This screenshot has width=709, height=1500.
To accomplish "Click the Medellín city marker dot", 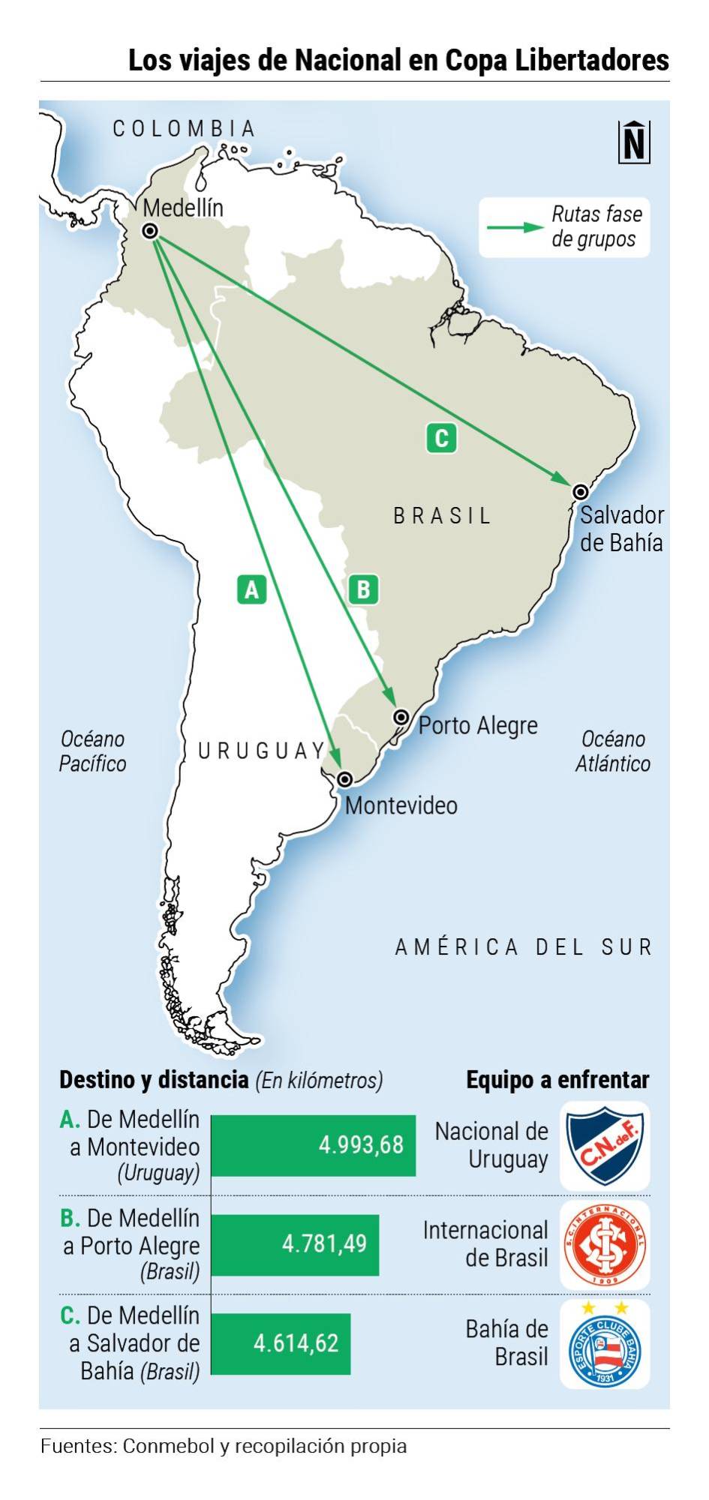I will click(150, 231).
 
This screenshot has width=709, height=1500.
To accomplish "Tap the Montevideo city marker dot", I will click(344, 779).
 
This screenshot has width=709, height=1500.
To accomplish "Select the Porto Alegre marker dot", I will click(401, 718).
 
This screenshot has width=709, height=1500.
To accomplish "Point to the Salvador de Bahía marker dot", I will click(580, 492).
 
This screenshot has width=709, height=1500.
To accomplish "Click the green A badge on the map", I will click(251, 589).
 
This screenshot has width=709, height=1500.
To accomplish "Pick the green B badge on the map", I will click(363, 589).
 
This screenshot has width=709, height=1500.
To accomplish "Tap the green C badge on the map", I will click(441, 438).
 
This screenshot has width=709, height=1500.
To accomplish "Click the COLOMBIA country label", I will click(185, 129).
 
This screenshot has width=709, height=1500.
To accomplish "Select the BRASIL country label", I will click(443, 516).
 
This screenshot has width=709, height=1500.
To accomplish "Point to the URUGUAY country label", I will click(262, 751).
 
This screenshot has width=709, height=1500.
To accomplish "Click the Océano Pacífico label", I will click(92, 751).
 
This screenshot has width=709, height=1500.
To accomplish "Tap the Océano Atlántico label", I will click(612, 751).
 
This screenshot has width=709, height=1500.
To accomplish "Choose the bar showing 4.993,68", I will click(314, 1145).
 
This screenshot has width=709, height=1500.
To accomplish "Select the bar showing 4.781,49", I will click(295, 1244).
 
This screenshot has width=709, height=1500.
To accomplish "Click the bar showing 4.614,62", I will click(281, 1343).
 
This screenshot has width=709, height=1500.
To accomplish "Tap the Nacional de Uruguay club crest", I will click(605, 1145).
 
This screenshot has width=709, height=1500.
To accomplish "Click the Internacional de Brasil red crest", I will click(605, 1245).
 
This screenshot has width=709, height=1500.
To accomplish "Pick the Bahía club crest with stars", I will click(605, 1345).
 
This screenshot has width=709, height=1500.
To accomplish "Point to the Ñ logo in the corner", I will click(634, 142).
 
